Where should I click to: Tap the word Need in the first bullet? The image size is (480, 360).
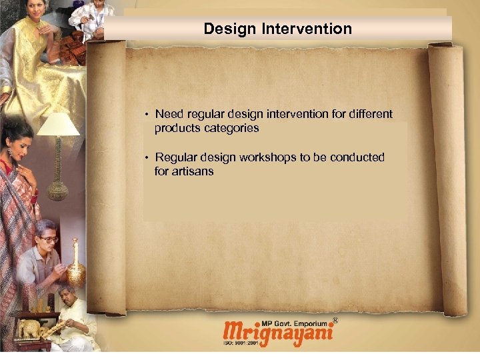pos(169,114)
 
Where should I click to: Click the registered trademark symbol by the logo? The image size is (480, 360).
pos(335,321)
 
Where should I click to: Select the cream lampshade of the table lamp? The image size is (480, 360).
pos(59,125)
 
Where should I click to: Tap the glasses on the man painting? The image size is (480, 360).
pos(49,238)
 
